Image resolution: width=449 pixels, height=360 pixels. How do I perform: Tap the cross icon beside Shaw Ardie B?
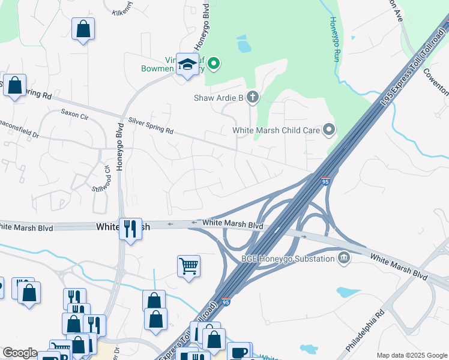tap(253, 97)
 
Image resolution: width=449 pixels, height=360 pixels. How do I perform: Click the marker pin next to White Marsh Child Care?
tap(328, 129)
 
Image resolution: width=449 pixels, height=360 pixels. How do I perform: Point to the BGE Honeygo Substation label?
tap(288, 259)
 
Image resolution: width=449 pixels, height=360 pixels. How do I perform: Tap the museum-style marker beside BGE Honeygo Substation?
tap(344, 259)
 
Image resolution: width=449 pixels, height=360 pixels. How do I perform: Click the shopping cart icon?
tap(188, 265)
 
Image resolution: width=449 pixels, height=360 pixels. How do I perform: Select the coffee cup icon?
tap(239, 352)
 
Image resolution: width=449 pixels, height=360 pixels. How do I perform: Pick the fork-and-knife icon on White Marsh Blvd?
tap(130, 228)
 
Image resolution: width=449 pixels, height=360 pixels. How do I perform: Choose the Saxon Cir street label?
tap(74, 112)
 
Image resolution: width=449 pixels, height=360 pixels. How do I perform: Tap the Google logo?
tap(20, 353)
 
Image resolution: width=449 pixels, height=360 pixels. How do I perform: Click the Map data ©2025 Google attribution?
tap(411, 355)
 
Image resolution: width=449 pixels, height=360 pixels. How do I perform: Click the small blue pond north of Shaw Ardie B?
tap(243, 44)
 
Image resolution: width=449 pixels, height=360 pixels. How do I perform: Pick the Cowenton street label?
tap(436, 81)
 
